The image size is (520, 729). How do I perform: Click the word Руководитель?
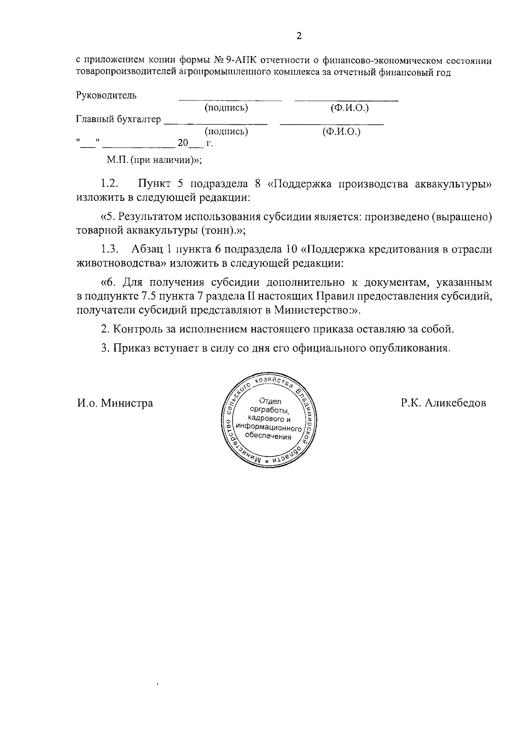pyautogui.click(x=107, y=95)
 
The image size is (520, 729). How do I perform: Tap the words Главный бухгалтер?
pyautogui.click(x=119, y=119)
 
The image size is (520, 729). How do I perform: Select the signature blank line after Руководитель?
pyautogui.click(x=230, y=100)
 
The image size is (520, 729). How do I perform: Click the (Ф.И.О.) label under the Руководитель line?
pyautogui.click(x=349, y=107)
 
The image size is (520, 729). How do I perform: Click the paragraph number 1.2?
pyautogui.click(x=110, y=184)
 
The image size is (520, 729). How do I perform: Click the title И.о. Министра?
pyautogui.click(x=115, y=403)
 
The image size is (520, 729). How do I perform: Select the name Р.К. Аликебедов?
pyautogui.click(x=443, y=403)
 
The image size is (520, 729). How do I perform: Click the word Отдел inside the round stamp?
pyautogui.click(x=271, y=401)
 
